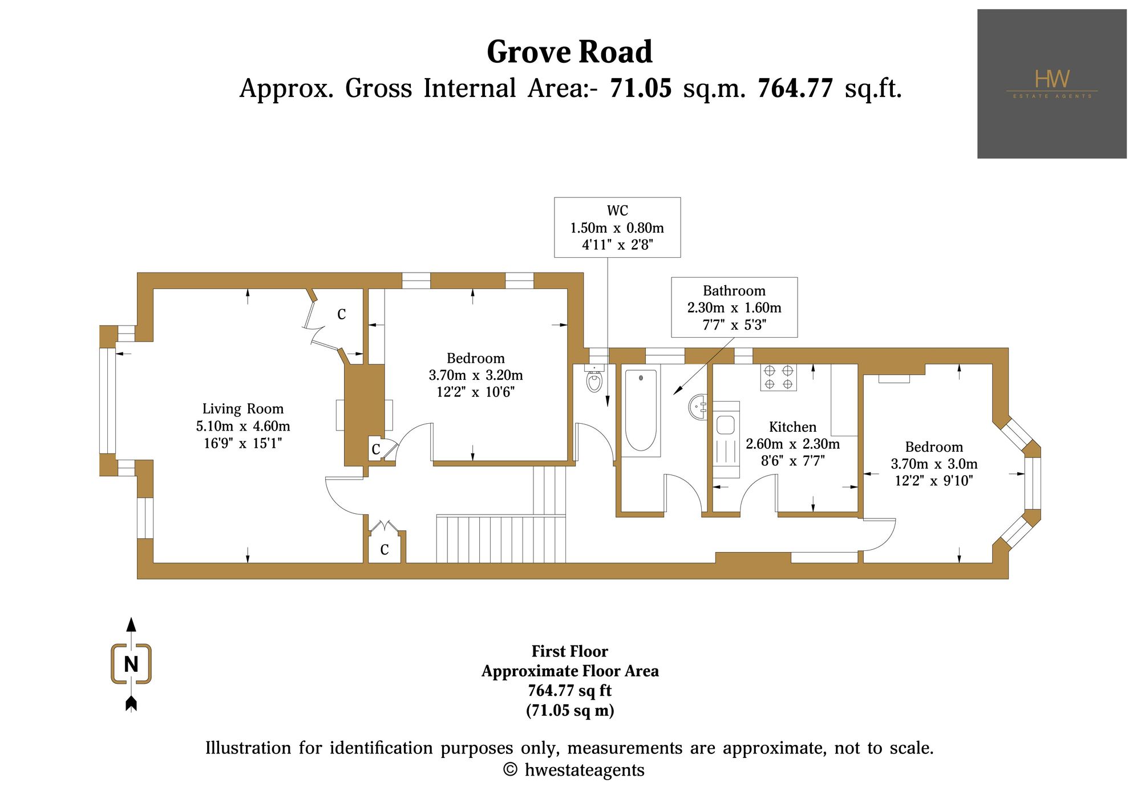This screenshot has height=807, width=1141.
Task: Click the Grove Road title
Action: (569, 52)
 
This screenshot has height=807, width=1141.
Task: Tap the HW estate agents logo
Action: (1051, 84)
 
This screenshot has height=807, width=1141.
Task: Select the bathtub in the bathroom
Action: (641, 411)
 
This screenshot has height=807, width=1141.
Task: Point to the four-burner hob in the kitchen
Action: (778, 377)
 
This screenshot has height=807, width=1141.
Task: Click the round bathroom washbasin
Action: (698, 407)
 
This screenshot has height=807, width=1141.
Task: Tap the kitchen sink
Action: (725, 425)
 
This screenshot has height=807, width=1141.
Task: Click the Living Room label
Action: (243, 409)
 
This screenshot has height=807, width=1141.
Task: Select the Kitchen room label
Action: (792, 427)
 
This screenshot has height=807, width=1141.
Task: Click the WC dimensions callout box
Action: (617, 228)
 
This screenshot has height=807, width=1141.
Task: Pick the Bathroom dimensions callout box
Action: (734, 307)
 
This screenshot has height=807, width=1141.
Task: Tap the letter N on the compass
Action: (131, 664)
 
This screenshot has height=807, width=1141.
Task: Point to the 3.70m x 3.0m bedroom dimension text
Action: (934, 464)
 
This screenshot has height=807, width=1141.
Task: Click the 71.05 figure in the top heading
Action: (641, 88)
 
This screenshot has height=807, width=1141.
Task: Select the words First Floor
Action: (570, 651)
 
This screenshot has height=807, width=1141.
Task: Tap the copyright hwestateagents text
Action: (574, 770)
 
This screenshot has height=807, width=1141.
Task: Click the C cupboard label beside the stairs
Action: (385, 549)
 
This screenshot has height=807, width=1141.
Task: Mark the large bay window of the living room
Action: (107, 400)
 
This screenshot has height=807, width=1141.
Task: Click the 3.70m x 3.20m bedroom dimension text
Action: (476, 375)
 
